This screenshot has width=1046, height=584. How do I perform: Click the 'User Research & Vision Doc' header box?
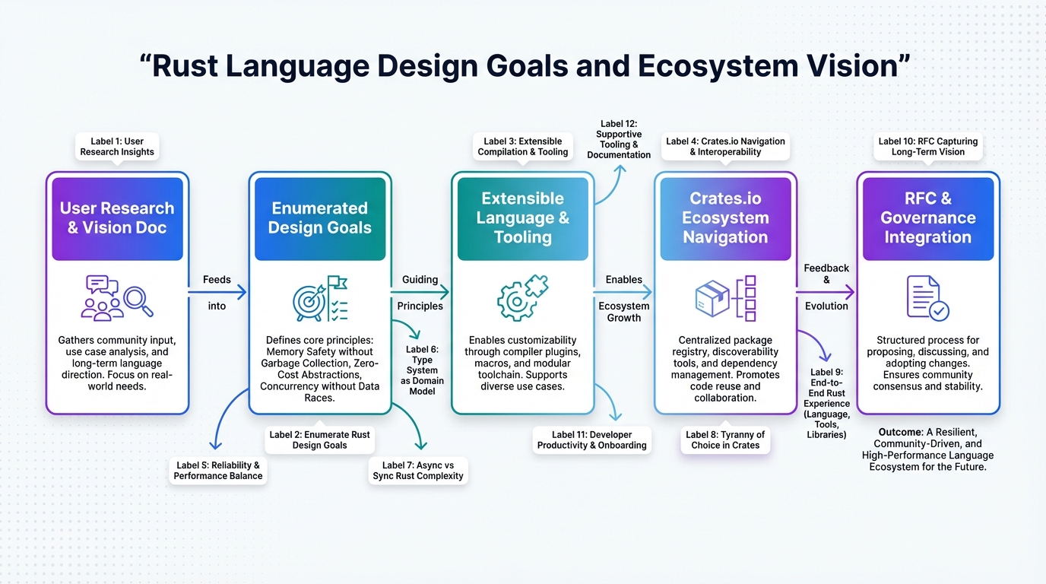coord(117,219)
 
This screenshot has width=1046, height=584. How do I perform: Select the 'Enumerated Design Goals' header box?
coord(320,219)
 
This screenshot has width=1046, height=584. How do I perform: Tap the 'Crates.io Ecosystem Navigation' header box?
coord(725,219)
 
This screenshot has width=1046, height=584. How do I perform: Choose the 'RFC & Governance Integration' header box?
coord(928,219)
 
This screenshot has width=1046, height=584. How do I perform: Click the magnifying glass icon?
coord(138,301)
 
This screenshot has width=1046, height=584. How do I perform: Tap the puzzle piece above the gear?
coord(537,285)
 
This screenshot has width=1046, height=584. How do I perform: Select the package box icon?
coord(712,298)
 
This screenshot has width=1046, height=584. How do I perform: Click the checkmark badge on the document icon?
coord(939,311)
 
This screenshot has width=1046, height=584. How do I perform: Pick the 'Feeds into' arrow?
coord(217,293)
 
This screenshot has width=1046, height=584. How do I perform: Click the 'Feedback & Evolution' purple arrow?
coord(826,293)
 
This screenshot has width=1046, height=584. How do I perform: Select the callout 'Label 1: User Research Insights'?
coord(117,147)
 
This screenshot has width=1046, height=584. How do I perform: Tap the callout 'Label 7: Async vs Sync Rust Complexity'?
coord(418,471)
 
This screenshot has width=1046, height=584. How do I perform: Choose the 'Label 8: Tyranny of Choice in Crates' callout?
coord(725,440)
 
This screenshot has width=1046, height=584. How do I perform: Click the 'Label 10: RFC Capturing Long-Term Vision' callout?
coord(928,147)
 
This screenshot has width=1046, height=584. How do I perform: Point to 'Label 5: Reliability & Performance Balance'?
coord(218,471)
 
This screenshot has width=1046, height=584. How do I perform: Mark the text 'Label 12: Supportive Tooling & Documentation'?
coord(619,139)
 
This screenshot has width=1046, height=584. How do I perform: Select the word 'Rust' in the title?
coord(185,66)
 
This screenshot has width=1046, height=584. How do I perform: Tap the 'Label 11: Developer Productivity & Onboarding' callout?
coord(591,440)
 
